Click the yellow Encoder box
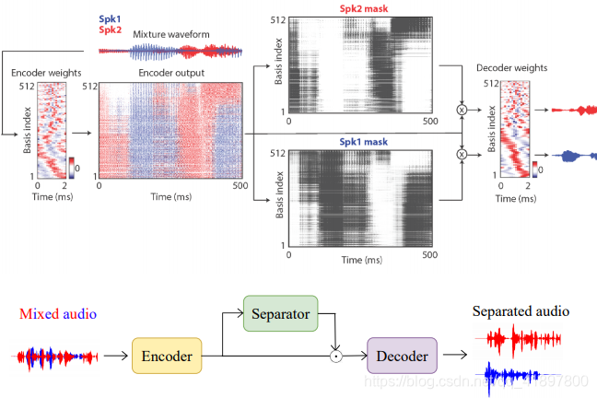coord(167,355)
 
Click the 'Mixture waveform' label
coord(170,34)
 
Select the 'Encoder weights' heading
coord(43,72)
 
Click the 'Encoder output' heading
coord(171,72)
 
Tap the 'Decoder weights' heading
coord(512,67)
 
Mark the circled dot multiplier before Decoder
coord(337,355)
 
